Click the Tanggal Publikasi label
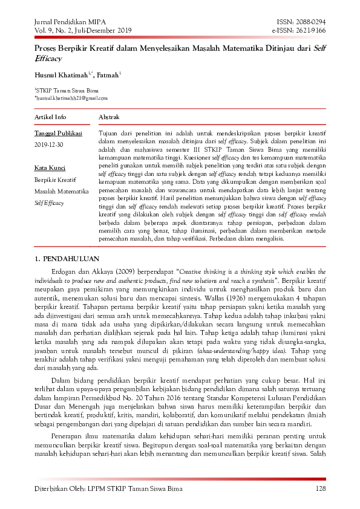coord(58,133)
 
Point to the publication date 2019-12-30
coord(50,145)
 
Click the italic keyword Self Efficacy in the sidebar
coord(49,203)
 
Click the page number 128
coord(321,488)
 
